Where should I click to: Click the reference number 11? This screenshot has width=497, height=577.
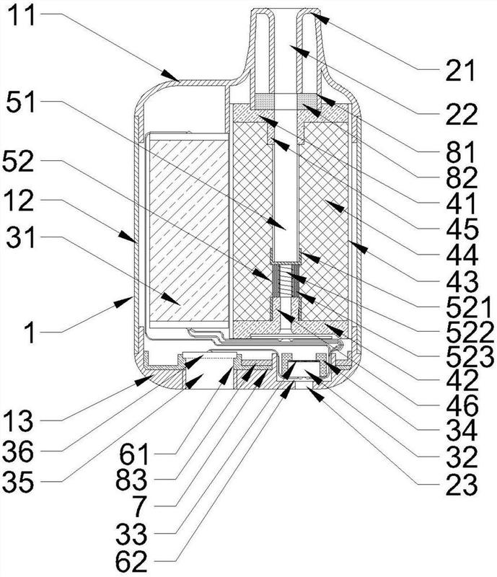22,14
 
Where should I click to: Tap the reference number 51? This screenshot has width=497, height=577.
21,102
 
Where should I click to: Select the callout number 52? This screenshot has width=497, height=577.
19,161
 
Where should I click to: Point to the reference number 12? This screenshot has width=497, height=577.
19,201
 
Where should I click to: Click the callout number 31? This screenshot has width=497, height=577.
21,237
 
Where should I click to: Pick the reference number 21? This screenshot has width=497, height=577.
460,70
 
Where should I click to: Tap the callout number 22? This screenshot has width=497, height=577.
462,114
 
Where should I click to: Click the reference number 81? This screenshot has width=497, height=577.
461,152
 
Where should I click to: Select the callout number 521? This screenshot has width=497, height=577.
469,307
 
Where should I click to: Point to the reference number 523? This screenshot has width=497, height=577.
470,356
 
